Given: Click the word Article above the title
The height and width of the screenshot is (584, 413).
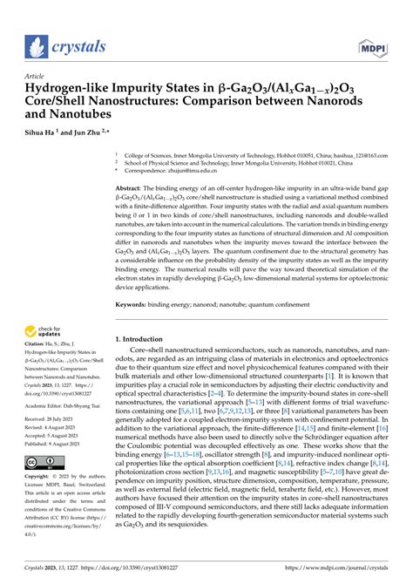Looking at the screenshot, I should pyautogui.click(x=37, y=76).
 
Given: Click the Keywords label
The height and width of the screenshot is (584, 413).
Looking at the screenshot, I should pyautogui.click(x=137, y=279).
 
